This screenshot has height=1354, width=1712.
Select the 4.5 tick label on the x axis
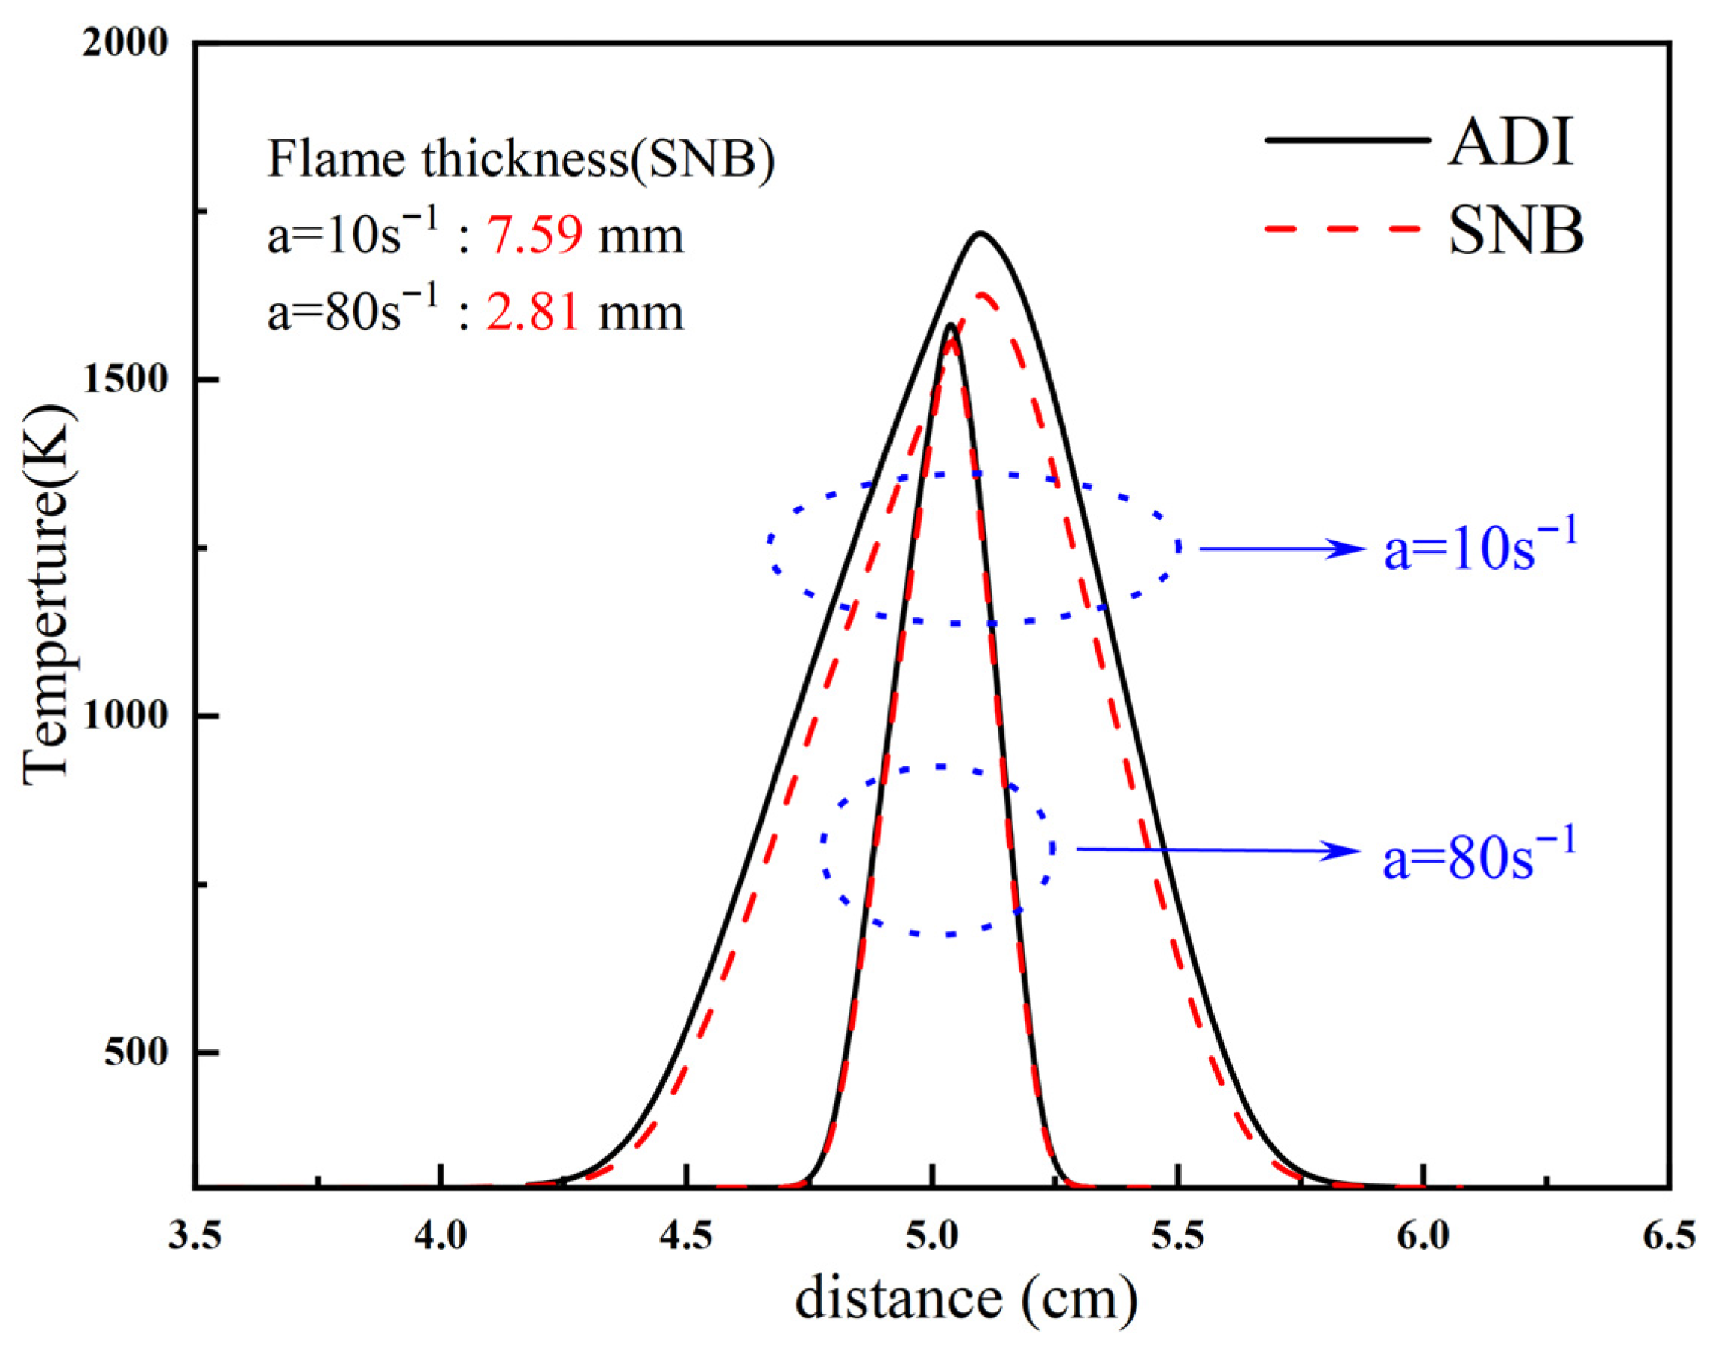point(687,1235)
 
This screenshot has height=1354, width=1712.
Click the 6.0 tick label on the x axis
point(1423,1235)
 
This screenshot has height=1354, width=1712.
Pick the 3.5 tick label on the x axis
point(195,1235)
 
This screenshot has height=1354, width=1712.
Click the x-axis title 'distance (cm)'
point(966,1300)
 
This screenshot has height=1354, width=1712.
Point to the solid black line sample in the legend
point(1347,139)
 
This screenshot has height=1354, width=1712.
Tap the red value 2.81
point(532,312)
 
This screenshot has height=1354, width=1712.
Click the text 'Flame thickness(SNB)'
point(520,160)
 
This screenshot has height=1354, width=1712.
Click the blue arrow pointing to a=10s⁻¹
point(1280,549)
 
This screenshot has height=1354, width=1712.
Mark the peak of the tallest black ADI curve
point(980,233)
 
